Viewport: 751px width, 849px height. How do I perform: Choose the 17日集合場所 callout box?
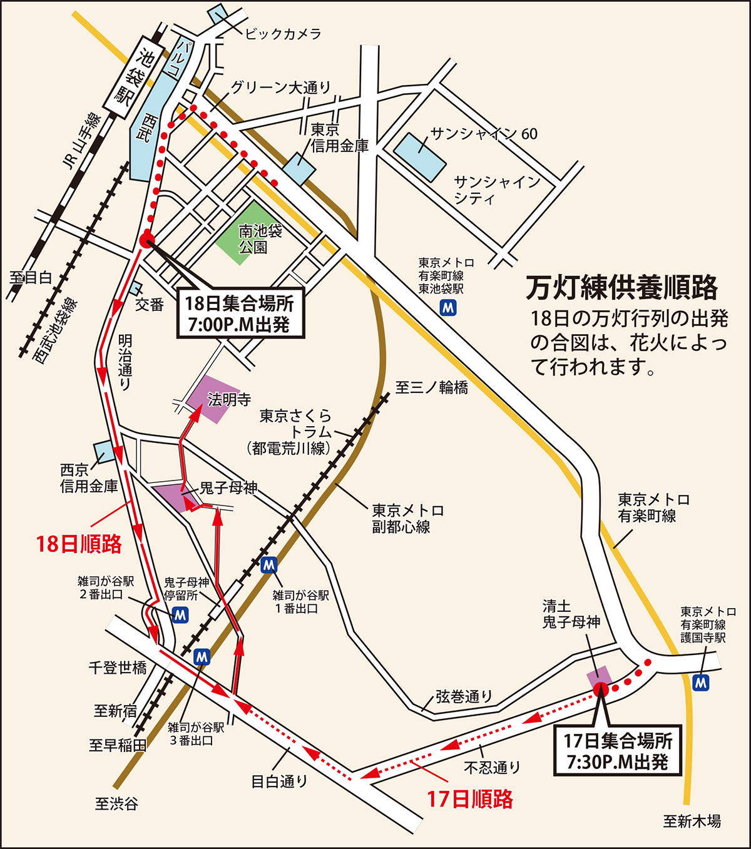[x=617, y=751]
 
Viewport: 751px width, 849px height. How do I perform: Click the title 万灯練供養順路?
[x=621, y=288]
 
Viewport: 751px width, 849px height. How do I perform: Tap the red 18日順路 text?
[x=79, y=544]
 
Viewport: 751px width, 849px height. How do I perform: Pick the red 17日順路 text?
[x=470, y=799]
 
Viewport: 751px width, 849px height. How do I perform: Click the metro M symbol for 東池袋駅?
[x=448, y=307]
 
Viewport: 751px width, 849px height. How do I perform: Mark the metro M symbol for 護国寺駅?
[x=702, y=682]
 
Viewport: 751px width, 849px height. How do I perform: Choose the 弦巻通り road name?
[x=464, y=696]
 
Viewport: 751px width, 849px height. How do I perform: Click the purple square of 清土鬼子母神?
[x=599, y=678]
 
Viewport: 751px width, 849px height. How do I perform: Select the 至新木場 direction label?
[x=692, y=821]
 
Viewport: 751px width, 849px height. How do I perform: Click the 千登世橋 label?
[x=118, y=668]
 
